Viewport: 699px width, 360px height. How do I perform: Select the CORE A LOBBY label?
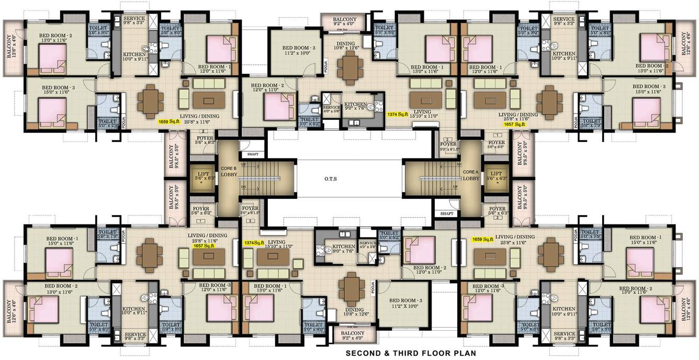pos(471,174)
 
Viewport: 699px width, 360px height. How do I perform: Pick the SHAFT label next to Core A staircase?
pos(446,213)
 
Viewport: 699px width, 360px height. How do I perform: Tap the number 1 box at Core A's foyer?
pos(495,136)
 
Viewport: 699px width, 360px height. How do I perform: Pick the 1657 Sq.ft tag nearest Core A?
pos(514,125)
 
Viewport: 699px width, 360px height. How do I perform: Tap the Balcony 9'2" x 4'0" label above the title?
pos(352,335)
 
